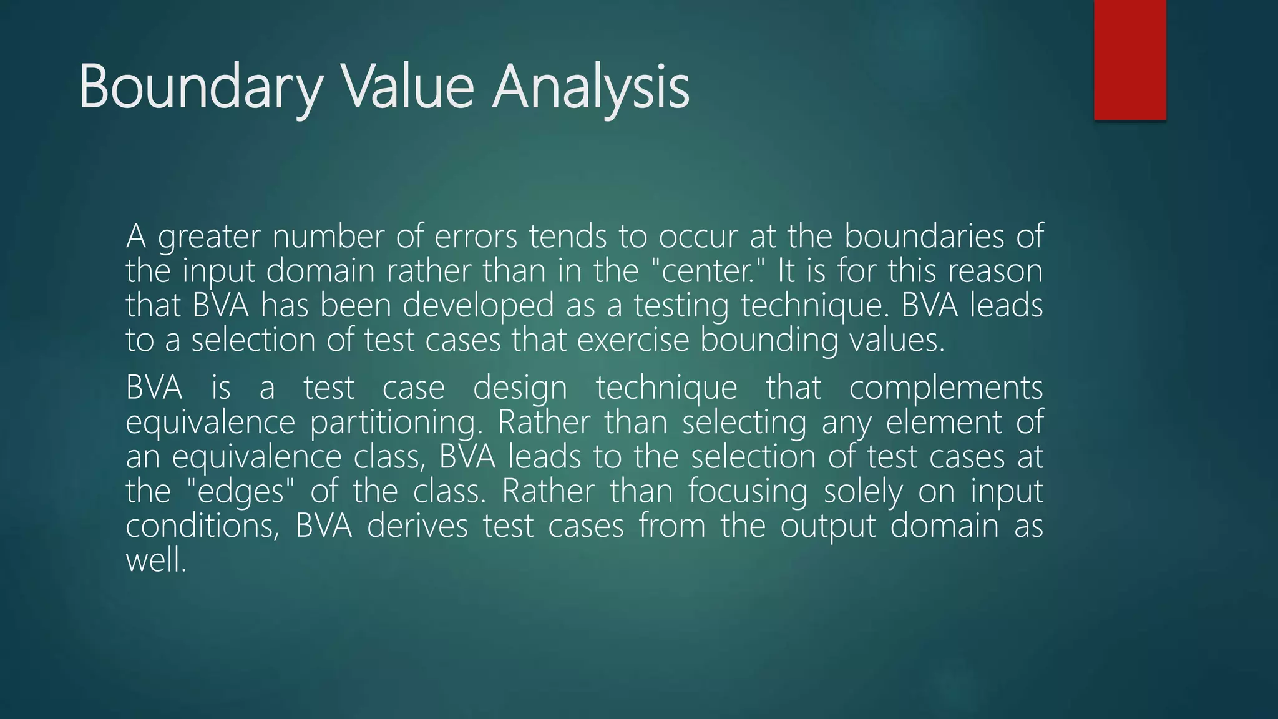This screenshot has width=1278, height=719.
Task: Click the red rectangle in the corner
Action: pos(1129,59)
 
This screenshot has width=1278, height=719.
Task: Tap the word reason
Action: pos(995,271)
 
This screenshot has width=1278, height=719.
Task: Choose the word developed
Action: pos(478,306)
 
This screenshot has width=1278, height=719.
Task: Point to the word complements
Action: pos(946,388)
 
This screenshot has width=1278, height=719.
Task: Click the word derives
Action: pos(417,526)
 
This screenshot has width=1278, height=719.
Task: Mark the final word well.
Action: pos(156,560)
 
